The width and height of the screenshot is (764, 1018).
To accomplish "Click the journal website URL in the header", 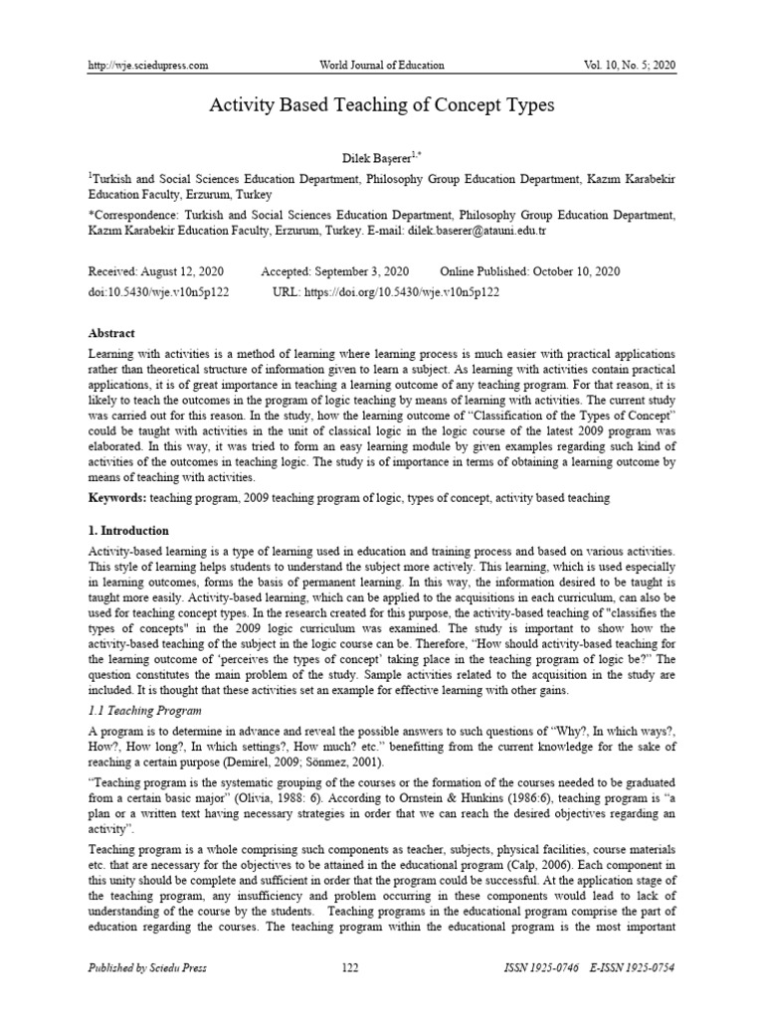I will click(x=148, y=66).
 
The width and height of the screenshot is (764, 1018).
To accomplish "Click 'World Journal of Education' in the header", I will click(x=381, y=66).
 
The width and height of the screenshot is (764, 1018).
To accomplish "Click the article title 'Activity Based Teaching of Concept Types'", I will click(x=382, y=105).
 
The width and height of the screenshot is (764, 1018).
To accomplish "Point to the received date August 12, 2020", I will click(x=186, y=271).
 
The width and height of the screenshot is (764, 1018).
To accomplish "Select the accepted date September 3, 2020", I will click(x=362, y=271).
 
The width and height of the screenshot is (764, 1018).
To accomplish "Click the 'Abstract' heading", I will click(x=111, y=334).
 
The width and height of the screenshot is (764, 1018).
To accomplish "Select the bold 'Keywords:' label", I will click(x=118, y=496).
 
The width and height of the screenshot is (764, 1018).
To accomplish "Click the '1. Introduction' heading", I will click(x=129, y=531).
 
